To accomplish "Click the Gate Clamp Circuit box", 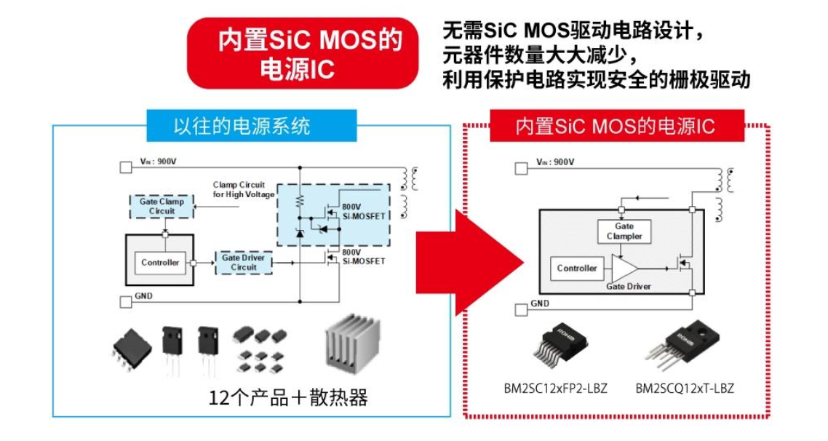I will (162, 206).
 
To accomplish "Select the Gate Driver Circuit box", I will (244, 263).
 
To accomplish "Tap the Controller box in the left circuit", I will (160, 263).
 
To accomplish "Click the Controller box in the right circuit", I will (577, 269).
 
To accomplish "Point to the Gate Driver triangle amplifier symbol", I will (624, 269).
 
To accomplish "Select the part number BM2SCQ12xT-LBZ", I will (685, 389).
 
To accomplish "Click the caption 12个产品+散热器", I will (288, 398).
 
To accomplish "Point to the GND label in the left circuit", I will (143, 296).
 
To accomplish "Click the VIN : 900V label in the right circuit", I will (554, 162).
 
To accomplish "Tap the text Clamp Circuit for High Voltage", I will (243, 189).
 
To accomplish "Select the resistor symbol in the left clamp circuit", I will (298, 200).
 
